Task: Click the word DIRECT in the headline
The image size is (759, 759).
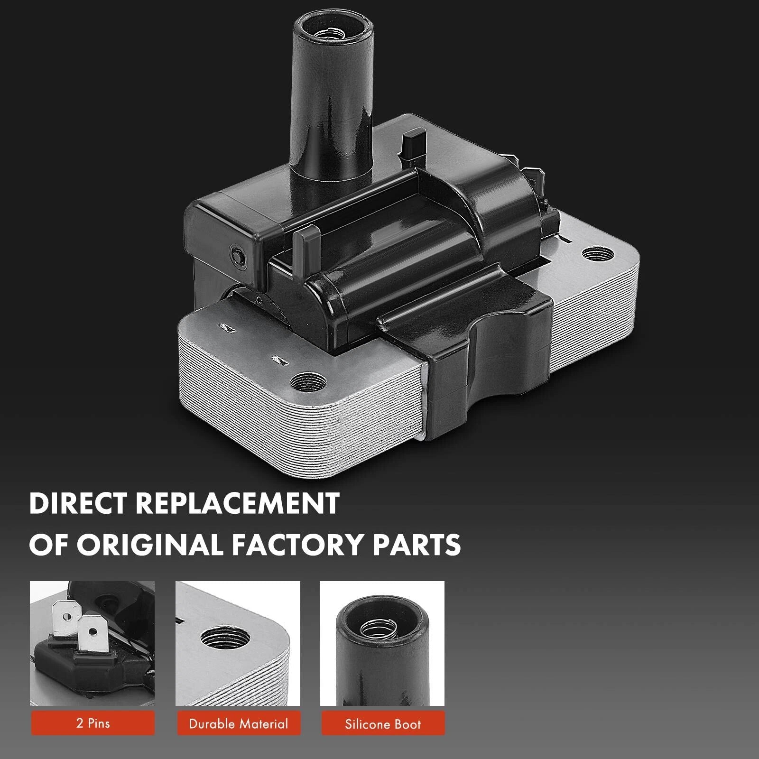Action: point(78,504)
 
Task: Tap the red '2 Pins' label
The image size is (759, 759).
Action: point(93,723)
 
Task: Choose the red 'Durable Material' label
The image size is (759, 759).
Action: point(239,723)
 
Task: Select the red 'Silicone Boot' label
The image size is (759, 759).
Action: point(383,723)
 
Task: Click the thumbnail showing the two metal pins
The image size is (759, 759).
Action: point(93,643)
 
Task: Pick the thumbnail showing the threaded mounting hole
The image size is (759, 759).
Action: point(238,643)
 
